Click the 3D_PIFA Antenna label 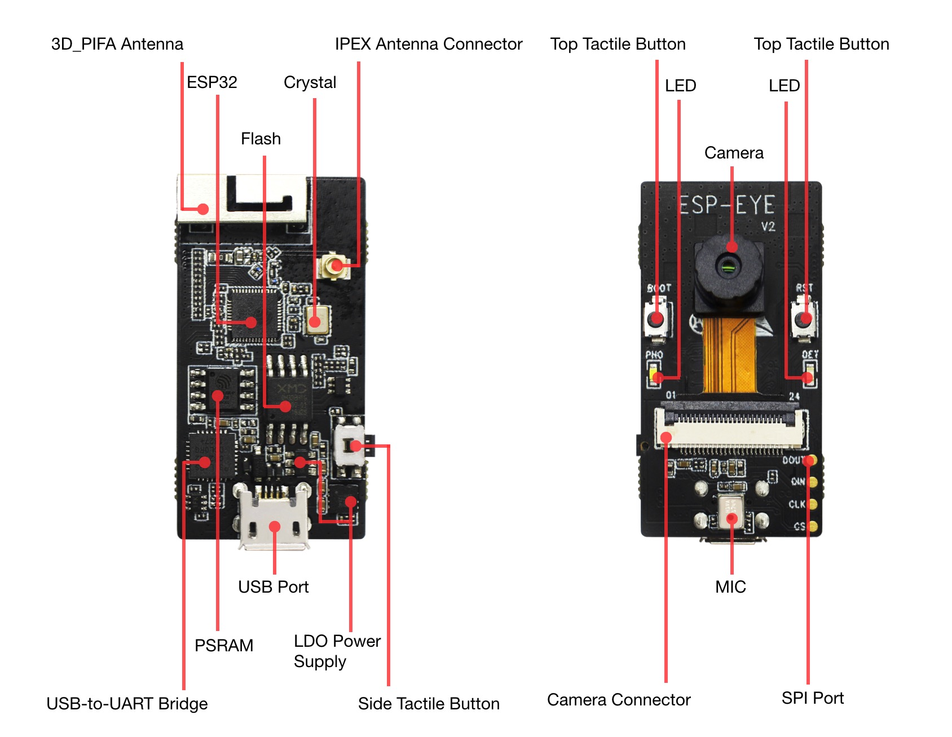click(117, 44)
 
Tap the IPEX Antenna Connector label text click(428, 44)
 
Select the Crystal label click(310, 82)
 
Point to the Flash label click(261, 139)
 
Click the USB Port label click(273, 587)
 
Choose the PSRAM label click(223, 645)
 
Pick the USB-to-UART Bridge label click(127, 704)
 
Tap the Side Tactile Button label click(429, 704)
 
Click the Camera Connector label click(619, 700)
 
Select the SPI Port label click(812, 698)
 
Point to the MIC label click(730, 587)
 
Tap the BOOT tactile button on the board click(656, 319)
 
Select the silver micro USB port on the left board click(274, 519)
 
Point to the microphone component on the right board click(731, 513)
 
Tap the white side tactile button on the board click(349, 445)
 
